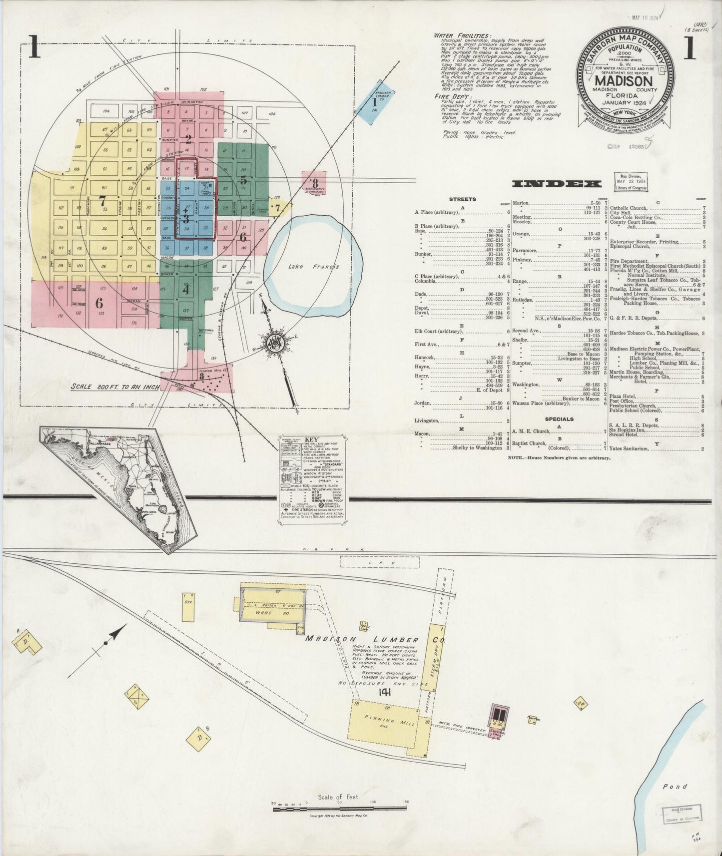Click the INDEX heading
point(557,184)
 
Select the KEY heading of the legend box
point(311,440)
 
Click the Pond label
point(675,787)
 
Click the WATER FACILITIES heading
point(461,36)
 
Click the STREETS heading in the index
point(462,199)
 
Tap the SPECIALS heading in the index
point(559,419)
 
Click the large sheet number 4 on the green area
point(186,289)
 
